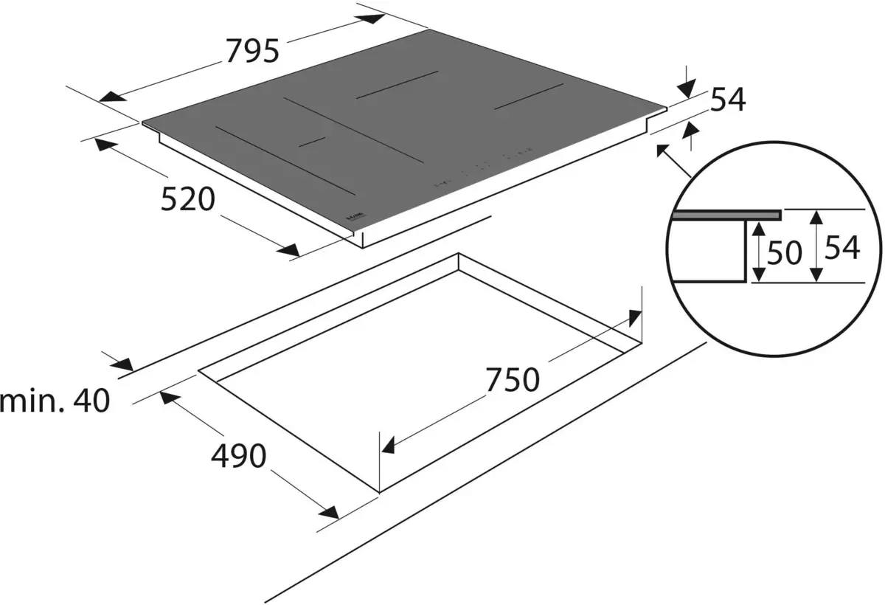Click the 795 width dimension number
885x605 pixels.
tap(253, 51)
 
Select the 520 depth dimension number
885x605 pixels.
tap(188, 199)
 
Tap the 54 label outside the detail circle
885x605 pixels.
tap(728, 100)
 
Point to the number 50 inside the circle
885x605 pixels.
tap(783, 253)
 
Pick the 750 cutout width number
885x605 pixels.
tap(513, 380)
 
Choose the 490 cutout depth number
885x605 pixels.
tap(238, 457)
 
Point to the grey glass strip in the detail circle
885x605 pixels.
tap(726, 215)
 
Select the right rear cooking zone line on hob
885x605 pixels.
tap(529, 97)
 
